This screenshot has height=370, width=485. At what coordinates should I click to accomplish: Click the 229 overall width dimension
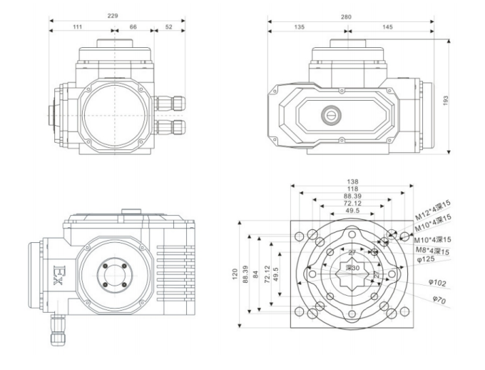[x=113, y=14]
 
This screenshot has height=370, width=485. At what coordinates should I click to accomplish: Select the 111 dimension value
[x=77, y=26]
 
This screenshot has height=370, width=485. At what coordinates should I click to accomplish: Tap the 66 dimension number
[x=133, y=26]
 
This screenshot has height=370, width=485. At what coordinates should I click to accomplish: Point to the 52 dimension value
[x=168, y=26]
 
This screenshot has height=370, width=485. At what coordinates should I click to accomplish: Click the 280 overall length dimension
[x=349, y=14]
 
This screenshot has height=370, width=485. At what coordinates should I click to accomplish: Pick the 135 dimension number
[x=300, y=26]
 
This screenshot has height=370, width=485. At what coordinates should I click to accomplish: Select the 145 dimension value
[x=388, y=26]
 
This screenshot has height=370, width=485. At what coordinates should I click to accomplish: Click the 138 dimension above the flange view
[x=352, y=181]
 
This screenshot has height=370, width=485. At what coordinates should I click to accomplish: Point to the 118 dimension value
[x=352, y=189]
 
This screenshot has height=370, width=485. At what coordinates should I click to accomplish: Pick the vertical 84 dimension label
[x=256, y=276]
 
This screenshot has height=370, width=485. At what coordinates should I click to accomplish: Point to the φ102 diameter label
[x=437, y=284]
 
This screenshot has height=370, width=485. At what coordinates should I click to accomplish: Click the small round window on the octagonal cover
[x=330, y=113]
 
